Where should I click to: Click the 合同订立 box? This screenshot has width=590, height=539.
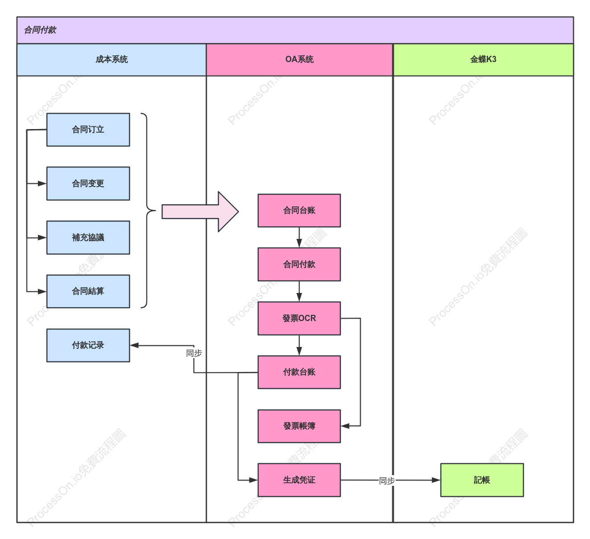[88, 130]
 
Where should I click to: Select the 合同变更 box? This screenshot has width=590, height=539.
[88, 183]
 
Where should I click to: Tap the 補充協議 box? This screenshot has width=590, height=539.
[88, 238]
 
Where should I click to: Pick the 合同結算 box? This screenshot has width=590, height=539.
[88, 291]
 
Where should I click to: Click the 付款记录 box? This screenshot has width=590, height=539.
[88, 345]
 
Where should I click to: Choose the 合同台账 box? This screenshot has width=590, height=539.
[299, 210]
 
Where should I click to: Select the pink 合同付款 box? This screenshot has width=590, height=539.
[299, 264]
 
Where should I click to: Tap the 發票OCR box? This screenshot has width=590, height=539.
[299, 318]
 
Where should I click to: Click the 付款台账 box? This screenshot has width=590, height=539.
[299, 372]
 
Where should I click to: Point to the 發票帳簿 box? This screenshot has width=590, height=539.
[299, 426]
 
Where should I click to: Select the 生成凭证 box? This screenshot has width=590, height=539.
[299, 480]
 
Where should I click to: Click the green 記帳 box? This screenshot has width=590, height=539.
[482, 480]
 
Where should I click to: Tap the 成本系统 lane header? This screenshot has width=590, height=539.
[112, 59]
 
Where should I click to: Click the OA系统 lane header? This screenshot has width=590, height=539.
[299, 59]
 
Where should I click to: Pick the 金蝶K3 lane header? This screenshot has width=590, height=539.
[483, 59]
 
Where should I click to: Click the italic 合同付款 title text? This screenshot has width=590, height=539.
[40, 30]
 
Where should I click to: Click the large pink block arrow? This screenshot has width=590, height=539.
[200, 212]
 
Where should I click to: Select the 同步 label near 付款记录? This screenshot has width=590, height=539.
[194, 353]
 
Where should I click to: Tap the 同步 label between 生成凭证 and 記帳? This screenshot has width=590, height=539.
[386, 481]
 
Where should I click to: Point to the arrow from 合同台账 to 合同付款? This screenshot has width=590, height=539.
[299, 238]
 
